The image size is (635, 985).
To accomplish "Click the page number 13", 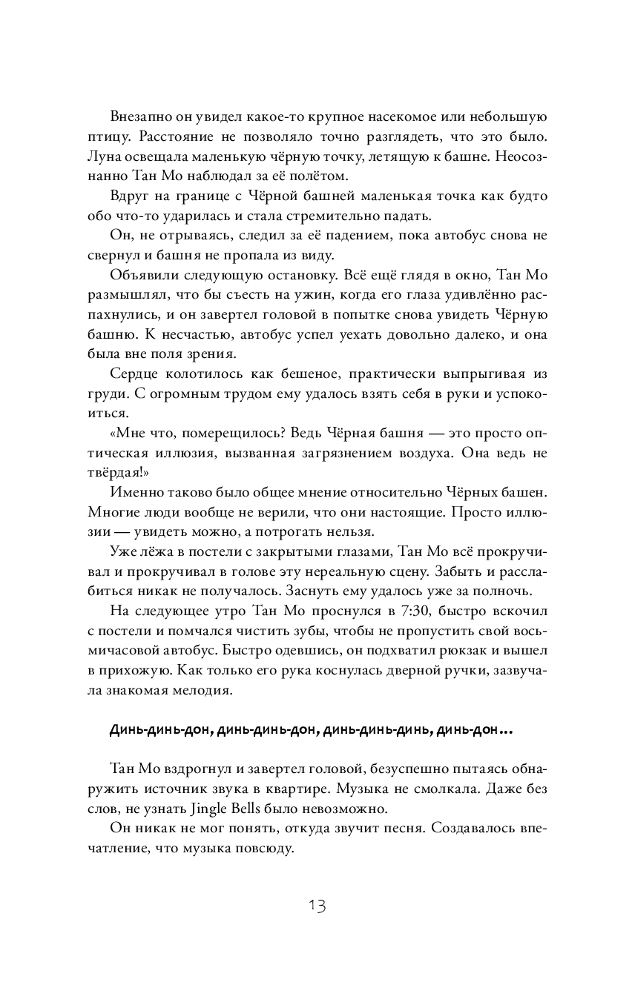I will coord(317,906).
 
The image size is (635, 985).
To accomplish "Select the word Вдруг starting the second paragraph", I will coord(128,196).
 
